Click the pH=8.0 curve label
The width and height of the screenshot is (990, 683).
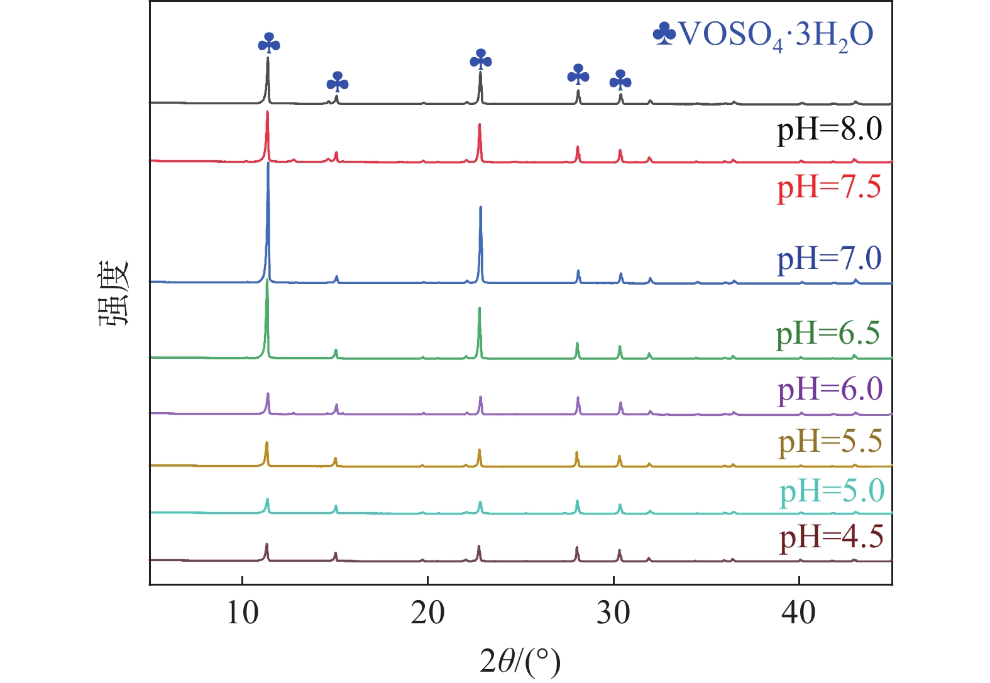tap(829, 130)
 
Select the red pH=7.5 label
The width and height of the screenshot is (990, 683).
tap(829, 187)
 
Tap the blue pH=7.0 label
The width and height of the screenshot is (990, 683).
tap(829, 259)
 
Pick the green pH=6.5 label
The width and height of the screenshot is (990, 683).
tap(827, 334)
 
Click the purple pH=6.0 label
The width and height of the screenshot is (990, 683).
tap(830, 390)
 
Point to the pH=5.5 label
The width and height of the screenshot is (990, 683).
tap(830, 442)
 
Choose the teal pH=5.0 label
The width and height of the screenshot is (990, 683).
tap(832, 491)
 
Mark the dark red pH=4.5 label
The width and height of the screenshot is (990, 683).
tap(831, 538)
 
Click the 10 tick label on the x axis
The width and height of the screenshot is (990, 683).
tap(242, 612)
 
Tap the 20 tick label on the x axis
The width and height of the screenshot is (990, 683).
tap(427, 612)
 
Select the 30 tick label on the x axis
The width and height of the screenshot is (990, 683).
tap(613, 612)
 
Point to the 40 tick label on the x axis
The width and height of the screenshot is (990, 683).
tap(798, 612)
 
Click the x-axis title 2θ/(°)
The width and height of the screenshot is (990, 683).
tap(520, 661)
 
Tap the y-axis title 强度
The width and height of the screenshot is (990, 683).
tap(114, 293)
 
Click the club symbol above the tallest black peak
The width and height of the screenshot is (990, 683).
tap(269, 43)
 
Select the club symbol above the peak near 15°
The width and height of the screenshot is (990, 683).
tap(338, 82)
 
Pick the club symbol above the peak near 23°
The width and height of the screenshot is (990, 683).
tap(481, 60)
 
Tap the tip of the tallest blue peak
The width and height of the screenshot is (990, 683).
tap(268, 163)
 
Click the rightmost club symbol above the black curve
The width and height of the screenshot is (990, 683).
tap(620, 80)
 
